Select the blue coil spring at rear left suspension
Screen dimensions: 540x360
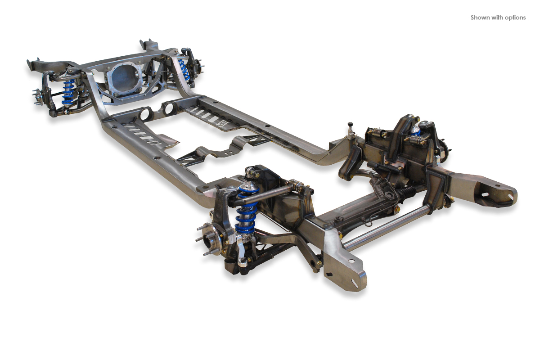pos(68,92)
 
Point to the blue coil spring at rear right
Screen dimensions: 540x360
pos(184,69)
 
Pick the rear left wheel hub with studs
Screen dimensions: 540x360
pos(39,96)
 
